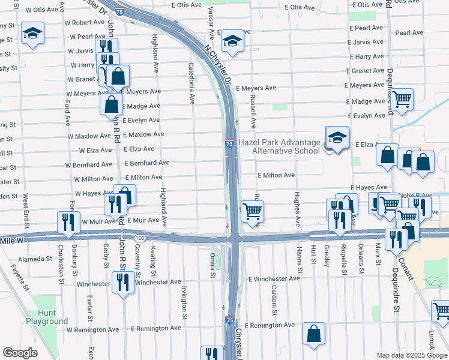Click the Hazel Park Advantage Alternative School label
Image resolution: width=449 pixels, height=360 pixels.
(280, 146)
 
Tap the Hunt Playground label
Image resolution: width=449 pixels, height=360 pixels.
(47, 317)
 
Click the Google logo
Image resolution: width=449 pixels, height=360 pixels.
(20, 353)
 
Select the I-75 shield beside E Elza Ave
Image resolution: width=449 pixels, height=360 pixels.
(230, 144)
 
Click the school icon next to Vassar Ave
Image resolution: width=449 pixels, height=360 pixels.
(231, 42)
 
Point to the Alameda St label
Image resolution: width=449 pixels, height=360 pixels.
(35, 259)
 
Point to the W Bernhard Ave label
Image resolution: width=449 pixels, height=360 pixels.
(89, 164)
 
